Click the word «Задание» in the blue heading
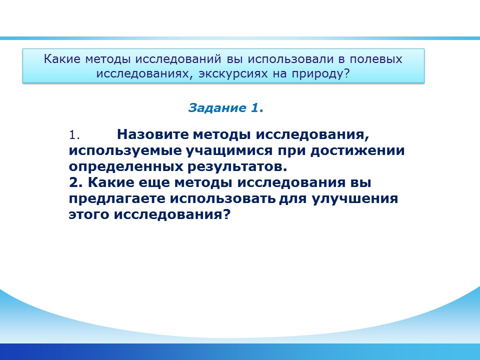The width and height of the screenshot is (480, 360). click(x=217, y=108)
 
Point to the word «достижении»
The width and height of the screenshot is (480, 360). click(x=357, y=150)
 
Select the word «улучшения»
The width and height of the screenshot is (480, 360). click(x=355, y=198)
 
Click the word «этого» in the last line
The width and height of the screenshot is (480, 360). click(x=89, y=214)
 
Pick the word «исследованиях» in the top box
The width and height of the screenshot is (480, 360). click(x=144, y=74)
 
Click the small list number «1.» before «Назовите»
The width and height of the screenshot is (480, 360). click(x=74, y=135)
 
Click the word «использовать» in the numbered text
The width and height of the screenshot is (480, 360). click(x=223, y=198)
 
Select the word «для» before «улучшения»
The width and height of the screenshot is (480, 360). click(x=293, y=199)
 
